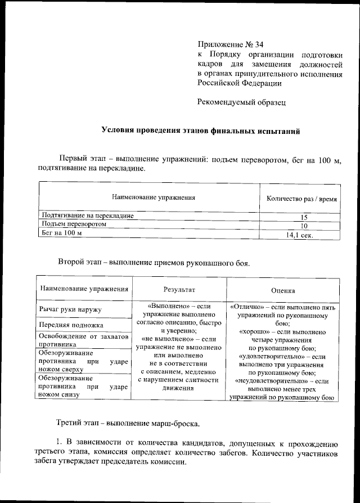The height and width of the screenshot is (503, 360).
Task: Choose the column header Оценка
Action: (283, 290)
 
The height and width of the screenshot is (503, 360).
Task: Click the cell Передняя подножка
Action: (71, 325)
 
